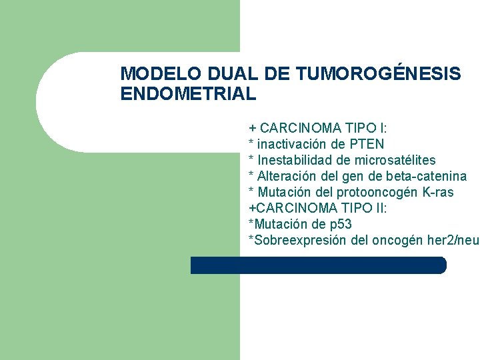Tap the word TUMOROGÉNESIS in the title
coord(378,74)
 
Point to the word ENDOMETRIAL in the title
coord(188,94)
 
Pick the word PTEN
coord(367,144)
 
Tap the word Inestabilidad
coord(291,160)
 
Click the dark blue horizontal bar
coord(318,265)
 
